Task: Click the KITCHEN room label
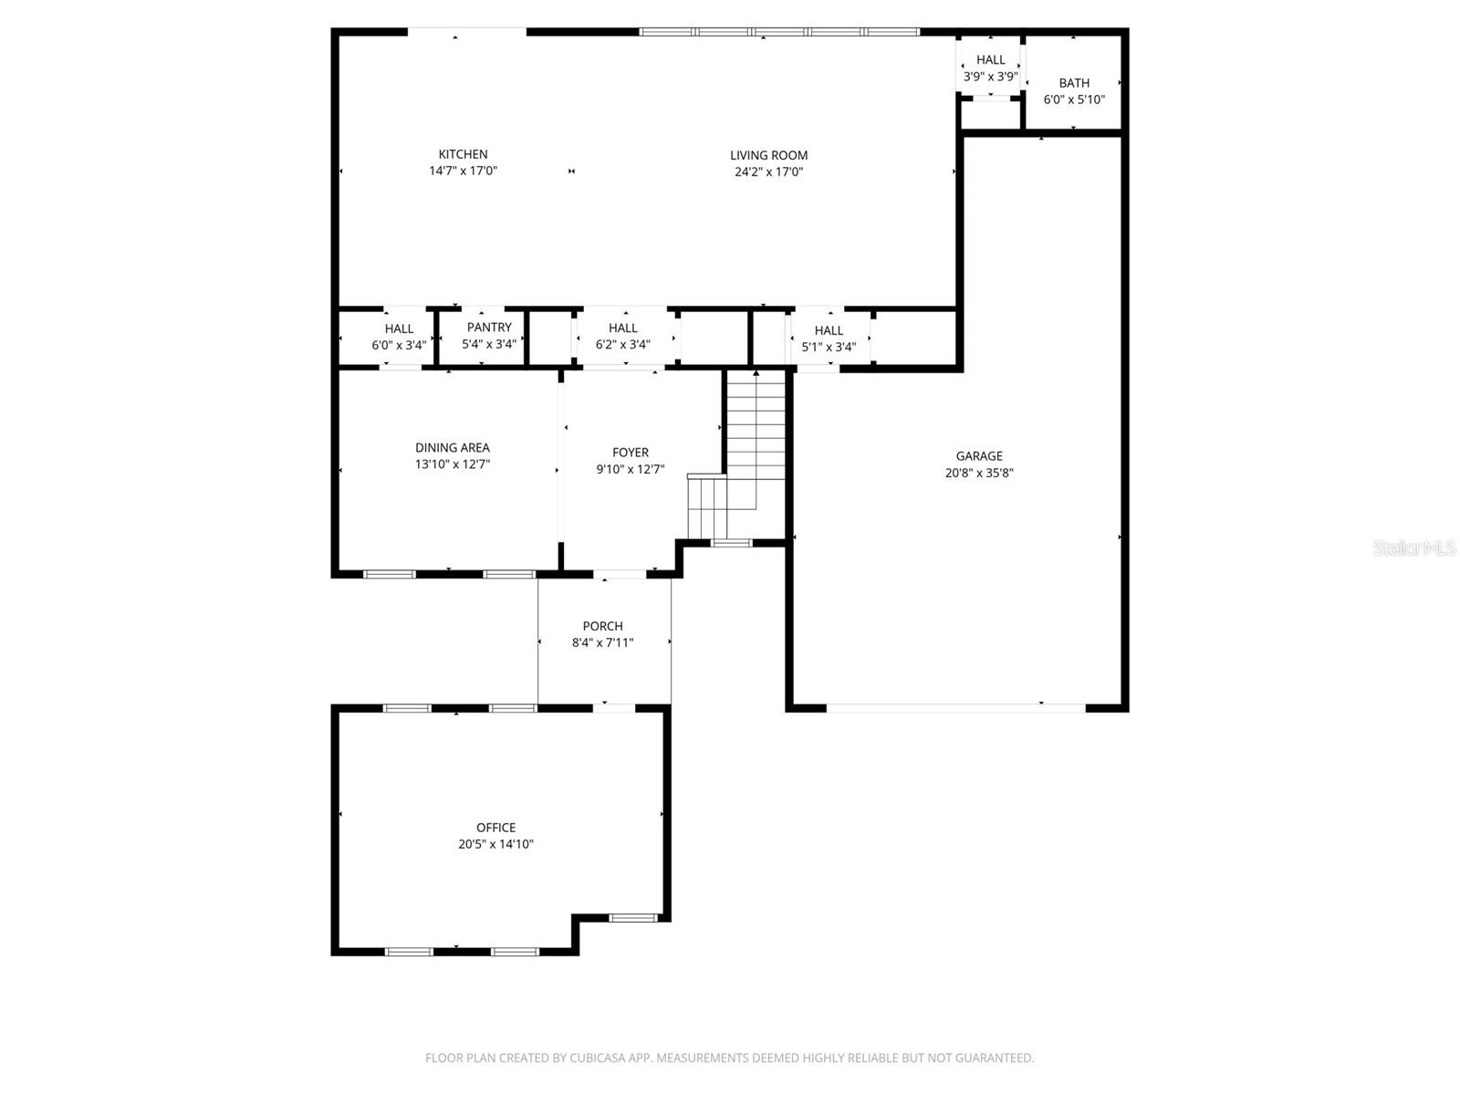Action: click(x=463, y=154)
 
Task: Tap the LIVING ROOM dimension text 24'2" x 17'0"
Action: click(x=768, y=172)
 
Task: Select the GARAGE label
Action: click(x=979, y=456)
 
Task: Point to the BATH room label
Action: click(x=1074, y=83)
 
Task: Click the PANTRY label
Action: click(x=489, y=328)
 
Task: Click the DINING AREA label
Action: click(x=453, y=448)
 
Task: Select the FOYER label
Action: click(x=631, y=453)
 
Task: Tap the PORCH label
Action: click(x=603, y=626)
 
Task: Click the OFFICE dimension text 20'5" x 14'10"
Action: click(x=495, y=845)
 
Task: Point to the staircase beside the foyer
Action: click(x=754, y=438)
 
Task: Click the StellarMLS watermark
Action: click(x=1414, y=548)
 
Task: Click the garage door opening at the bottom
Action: click(x=955, y=707)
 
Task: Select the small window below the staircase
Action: click(x=731, y=544)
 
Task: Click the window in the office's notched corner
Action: click(x=632, y=918)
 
